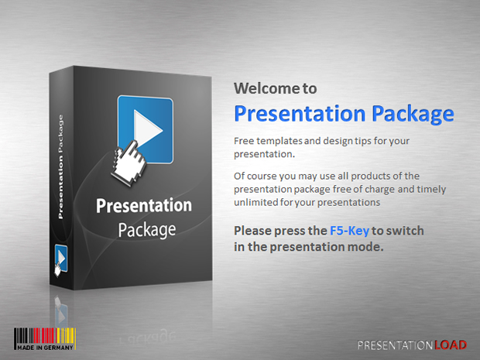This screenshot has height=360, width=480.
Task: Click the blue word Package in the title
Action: [413, 114]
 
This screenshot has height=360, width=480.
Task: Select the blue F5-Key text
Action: [349, 231]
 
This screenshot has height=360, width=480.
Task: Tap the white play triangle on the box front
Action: [148, 129]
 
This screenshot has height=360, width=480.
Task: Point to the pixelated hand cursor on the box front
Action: [128, 163]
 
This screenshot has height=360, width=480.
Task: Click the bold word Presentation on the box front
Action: [144, 205]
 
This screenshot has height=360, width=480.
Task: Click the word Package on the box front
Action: [147, 230]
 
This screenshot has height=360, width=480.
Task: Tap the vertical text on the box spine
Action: [60, 166]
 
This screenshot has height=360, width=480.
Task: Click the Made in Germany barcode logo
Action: [45, 339]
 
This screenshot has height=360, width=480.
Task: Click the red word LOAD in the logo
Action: [451, 345]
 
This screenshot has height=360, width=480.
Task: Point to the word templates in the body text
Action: [279, 141]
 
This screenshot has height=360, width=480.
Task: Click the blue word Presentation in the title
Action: [300, 114]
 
